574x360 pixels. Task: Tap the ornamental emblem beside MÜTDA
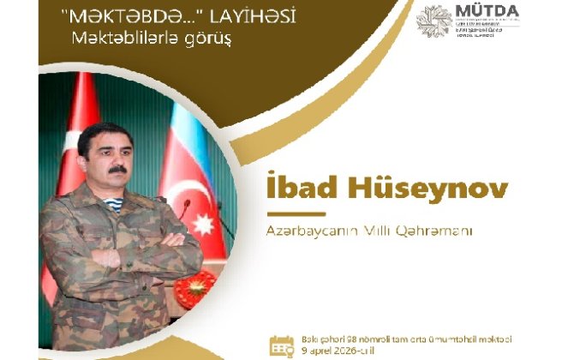433,21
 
